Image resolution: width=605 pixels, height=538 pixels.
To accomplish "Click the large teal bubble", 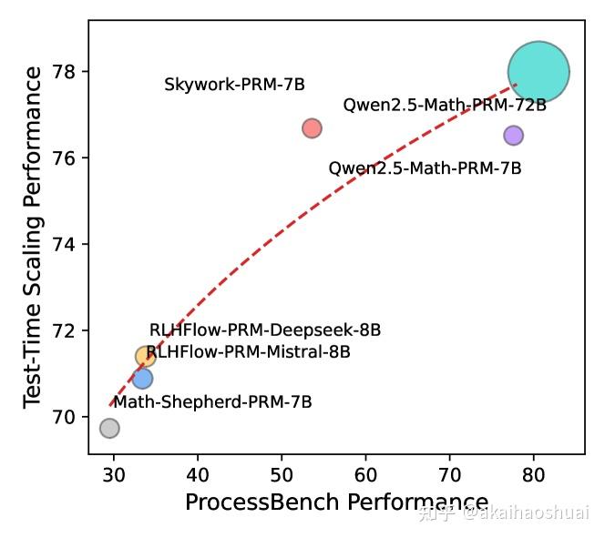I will [538, 72].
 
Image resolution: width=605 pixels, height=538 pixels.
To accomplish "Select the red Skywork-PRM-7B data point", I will [312, 128].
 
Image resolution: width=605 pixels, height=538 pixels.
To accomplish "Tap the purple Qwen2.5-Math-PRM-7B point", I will [513, 135].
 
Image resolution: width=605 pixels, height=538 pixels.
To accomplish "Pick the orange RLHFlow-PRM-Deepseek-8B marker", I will [146, 356].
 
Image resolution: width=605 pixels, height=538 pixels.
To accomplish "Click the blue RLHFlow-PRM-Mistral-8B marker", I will [142, 378].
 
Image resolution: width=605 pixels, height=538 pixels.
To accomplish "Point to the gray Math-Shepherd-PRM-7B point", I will [109, 428].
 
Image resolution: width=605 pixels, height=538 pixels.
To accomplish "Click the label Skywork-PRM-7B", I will [234, 85].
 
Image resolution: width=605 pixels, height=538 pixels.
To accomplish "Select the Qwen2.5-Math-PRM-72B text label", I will [445, 105].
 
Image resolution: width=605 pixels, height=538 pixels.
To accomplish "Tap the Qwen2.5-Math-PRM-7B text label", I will [425, 168].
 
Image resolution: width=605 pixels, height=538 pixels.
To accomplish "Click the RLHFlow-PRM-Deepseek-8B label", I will [265, 330].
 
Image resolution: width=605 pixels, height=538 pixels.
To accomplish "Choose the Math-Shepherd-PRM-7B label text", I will [212, 401].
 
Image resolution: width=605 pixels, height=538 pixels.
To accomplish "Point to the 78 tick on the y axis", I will [68, 72].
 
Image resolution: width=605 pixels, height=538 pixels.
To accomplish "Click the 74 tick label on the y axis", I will [68, 245].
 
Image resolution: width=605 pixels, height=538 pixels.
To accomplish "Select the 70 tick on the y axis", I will [68, 417].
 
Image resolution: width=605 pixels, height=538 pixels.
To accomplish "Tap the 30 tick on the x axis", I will [114, 473].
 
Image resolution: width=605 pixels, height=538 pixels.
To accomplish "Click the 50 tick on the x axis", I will [282, 473].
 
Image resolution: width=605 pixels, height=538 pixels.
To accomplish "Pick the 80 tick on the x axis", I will [534, 473].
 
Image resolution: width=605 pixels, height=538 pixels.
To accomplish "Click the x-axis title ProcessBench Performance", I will [336, 502].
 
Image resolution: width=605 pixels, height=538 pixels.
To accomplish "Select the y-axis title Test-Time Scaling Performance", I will [33, 237].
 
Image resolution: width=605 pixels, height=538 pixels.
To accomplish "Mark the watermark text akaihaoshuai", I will [525, 513].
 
